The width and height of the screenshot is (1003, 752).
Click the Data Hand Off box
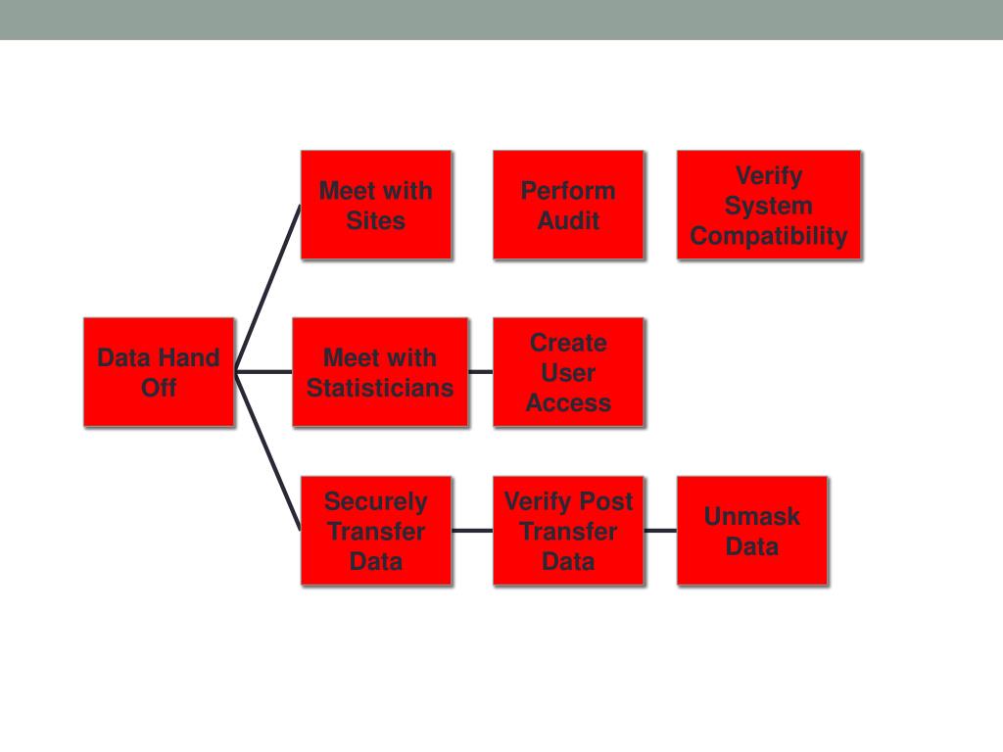[159, 372]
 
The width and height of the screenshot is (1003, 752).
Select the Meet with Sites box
[376, 205]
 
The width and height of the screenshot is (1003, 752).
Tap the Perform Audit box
[568, 205]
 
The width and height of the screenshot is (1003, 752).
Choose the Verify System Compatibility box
[769, 205]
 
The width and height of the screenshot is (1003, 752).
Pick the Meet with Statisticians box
[380, 372]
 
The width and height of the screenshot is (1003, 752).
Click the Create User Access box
[568, 372]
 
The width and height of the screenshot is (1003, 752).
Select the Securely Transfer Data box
[376, 531]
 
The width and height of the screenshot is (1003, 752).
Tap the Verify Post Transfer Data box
[568, 531]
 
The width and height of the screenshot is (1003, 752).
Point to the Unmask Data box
[752, 531]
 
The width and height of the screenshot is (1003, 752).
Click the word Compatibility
[769, 236]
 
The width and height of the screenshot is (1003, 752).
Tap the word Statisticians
[380, 388]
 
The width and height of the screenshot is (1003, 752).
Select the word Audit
[568, 220]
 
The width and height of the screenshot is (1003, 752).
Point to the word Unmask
[752, 516]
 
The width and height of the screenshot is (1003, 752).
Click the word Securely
[376, 501]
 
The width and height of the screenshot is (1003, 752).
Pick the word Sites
[376, 220]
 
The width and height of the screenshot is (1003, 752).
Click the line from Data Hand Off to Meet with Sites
[268, 288]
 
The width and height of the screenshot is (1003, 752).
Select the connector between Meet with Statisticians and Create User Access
[480, 372]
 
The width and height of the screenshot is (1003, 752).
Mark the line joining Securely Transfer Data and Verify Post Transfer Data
[472, 531]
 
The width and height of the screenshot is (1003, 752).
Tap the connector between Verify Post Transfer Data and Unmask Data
[660, 531]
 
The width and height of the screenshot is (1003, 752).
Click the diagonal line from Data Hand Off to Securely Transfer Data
[268, 451]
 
